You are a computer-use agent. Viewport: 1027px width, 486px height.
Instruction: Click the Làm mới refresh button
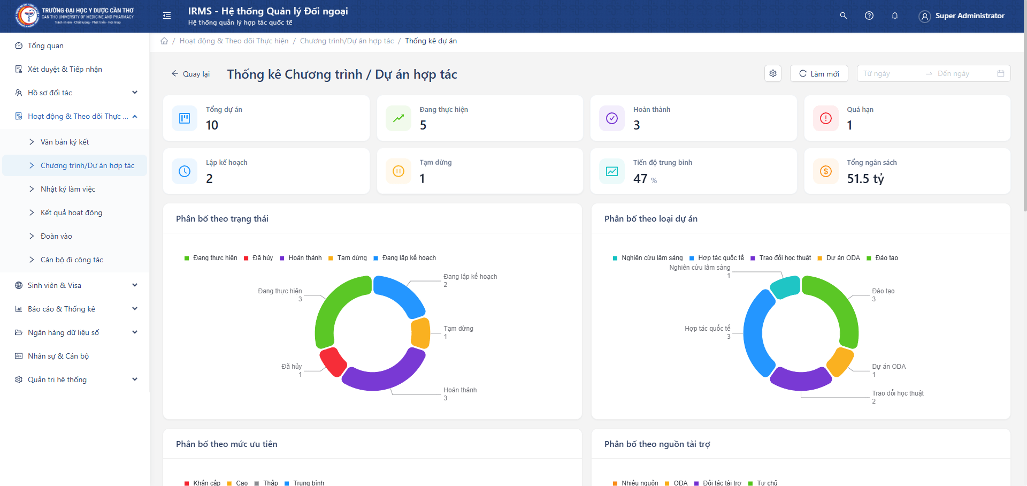coord(819,74)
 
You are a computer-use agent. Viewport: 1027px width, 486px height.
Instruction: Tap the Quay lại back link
coord(190,74)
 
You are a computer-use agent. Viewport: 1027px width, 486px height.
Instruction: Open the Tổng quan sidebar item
coord(45,45)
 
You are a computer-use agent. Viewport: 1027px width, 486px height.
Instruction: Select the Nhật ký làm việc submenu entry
coord(68,189)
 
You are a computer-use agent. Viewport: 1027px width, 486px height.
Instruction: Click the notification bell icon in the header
coord(895,16)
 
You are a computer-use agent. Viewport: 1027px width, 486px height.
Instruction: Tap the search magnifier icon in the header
coord(844,16)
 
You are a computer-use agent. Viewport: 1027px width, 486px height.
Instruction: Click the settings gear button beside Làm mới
coord(773,73)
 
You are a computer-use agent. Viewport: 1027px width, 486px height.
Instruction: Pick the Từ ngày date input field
coord(891,73)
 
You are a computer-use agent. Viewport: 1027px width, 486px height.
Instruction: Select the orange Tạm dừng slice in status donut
coord(421,333)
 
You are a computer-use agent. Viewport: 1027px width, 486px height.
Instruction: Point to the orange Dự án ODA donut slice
coord(840,362)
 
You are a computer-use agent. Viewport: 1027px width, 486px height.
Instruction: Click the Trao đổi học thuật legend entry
coord(785,258)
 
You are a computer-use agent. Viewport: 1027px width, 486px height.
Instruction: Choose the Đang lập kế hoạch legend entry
coord(409,258)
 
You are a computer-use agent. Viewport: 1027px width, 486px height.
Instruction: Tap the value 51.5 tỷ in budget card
coord(865,179)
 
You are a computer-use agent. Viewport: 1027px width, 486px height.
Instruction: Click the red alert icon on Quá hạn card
coord(825,118)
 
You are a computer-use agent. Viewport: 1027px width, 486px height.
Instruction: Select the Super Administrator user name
coord(969,16)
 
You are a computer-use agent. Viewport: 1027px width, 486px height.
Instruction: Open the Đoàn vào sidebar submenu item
coord(56,236)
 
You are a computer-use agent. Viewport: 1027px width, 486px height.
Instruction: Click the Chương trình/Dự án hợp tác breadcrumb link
coord(347,41)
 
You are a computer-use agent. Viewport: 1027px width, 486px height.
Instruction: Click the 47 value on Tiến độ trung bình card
coord(640,179)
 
